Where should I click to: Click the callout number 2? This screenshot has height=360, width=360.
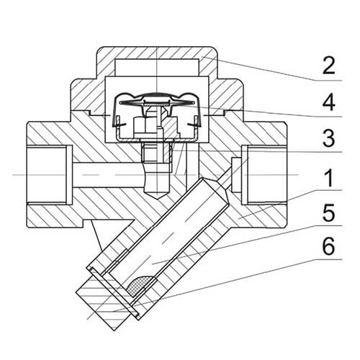point(328,65)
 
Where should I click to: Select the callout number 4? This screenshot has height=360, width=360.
point(328,102)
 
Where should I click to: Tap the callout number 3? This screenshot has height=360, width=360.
point(328,138)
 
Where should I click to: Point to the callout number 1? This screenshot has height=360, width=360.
point(329,178)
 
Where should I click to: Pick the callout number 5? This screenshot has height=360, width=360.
point(328,212)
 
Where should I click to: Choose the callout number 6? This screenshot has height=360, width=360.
point(328,247)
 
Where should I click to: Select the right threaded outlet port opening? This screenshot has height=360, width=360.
point(264,175)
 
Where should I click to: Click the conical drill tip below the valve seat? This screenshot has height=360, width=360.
point(156,195)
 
